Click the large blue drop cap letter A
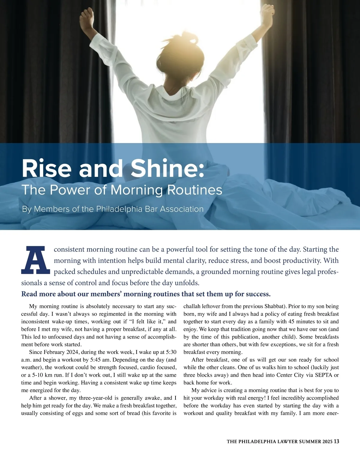35,260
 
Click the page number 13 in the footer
336,441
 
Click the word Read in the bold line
29,294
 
